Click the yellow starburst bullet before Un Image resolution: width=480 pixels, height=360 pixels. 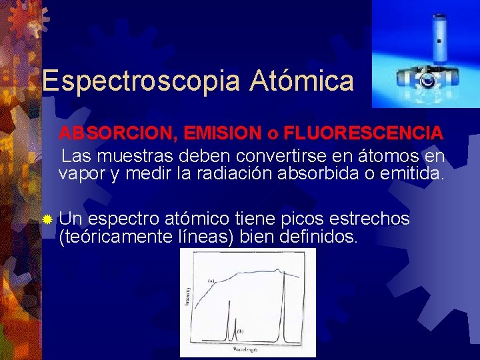tap(47, 219)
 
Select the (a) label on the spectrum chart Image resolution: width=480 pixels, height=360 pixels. tap(211, 281)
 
